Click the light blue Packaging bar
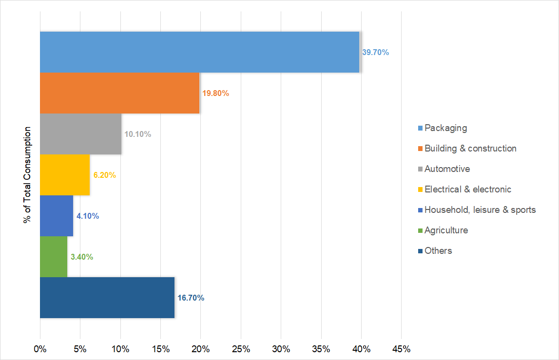point(199,52)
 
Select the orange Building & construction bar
point(119,93)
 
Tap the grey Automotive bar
point(80,134)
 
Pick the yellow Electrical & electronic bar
point(65,175)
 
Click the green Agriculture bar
point(54,257)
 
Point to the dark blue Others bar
point(107,298)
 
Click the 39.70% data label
point(375,52)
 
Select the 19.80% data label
point(215,93)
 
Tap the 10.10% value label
point(137,134)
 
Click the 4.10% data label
point(88,216)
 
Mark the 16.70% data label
point(191,298)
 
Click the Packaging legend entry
point(445,128)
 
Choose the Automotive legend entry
point(447,169)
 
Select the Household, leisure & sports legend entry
point(480,210)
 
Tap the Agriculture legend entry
point(446,230)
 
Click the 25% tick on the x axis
point(241,349)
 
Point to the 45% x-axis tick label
point(401,349)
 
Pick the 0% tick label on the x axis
point(40,349)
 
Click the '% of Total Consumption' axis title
point(27,175)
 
